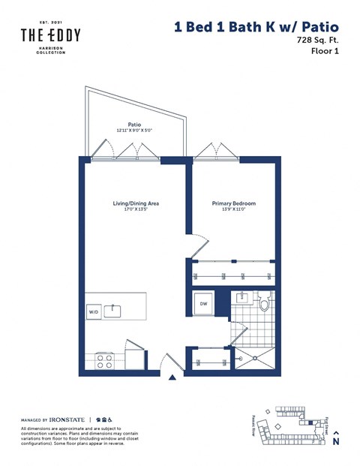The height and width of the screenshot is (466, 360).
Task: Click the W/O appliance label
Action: click(x=94, y=309)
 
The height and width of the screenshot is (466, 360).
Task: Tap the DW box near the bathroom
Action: click(x=202, y=304)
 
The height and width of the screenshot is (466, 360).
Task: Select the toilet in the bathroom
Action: click(x=263, y=305)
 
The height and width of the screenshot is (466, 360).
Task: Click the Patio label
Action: click(x=135, y=125)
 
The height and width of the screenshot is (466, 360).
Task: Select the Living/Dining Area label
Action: click(x=136, y=203)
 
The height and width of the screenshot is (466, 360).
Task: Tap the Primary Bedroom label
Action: click(x=234, y=203)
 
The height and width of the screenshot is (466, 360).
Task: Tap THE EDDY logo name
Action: click(x=50, y=35)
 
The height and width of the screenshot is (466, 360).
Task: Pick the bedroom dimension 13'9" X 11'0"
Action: click(x=234, y=211)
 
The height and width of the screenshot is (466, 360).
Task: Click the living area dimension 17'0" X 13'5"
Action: click(x=136, y=211)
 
